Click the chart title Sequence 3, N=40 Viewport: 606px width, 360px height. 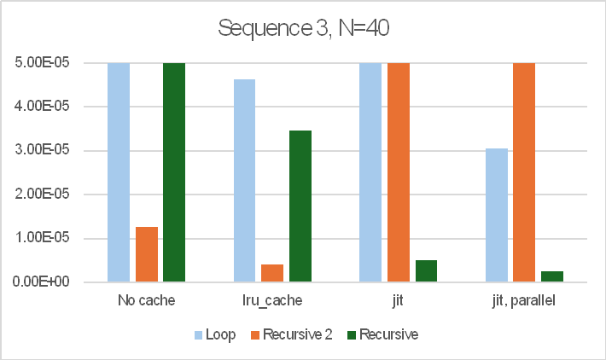click(303, 28)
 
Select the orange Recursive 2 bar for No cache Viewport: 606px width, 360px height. click(147, 254)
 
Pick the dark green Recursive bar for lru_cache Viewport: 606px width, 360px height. click(300, 206)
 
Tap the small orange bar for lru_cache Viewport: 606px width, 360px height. click(272, 273)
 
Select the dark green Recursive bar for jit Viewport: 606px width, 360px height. click(426, 270)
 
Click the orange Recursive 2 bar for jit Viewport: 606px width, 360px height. click(398, 171)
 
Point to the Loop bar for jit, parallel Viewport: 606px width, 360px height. click(496, 215)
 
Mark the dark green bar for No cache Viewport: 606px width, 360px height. click(174, 171)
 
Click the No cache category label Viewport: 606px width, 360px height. click(147, 301)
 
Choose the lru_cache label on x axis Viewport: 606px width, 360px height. click(272, 301)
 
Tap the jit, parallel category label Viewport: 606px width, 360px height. click(523, 301)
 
